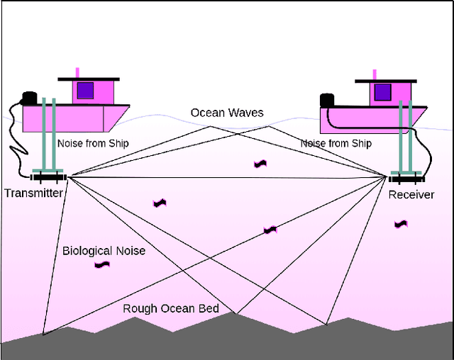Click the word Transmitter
click(x=33, y=193)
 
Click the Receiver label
click(x=411, y=194)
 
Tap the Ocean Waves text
click(x=227, y=113)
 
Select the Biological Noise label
click(x=104, y=250)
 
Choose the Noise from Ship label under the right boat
click(x=336, y=144)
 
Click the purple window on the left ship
click(x=86, y=91)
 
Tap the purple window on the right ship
click(x=382, y=93)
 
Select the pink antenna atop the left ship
click(x=77, y=72)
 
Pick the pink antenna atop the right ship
click(x=374, y=75)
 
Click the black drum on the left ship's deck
click(x=29, y=99)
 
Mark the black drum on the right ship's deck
click(x=327, y=101)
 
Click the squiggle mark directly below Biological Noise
click(x=103, y=265)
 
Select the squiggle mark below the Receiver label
click(x=402, y=224)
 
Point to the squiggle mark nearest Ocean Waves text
click(x=260, y=164)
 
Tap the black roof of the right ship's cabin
click(x=384, y=81)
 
